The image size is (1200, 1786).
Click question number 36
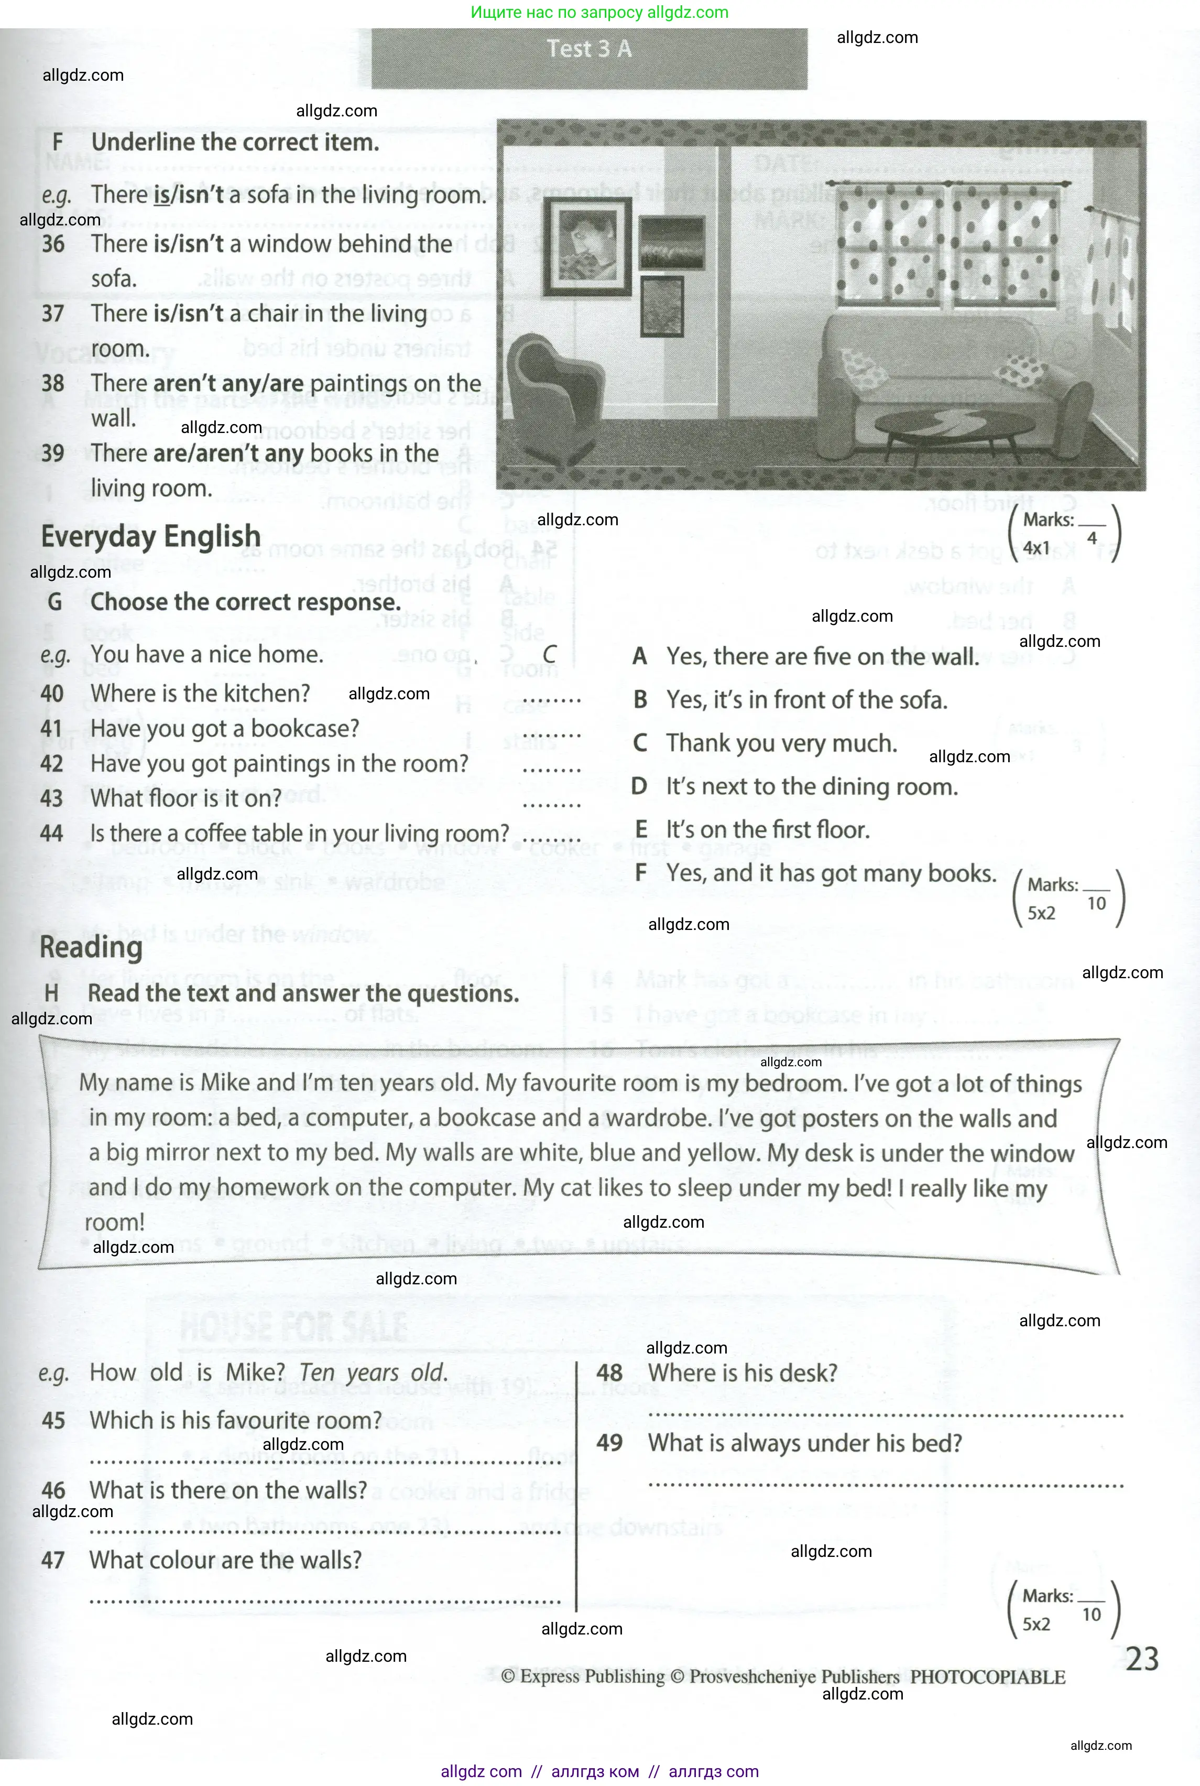click(53, 244)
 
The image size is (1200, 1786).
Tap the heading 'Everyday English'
click(151, 537)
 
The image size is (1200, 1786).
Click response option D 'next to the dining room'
click(796, 786)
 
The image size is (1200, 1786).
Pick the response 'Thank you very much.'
click(781, 743)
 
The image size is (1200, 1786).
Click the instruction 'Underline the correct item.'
click(235, 143)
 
